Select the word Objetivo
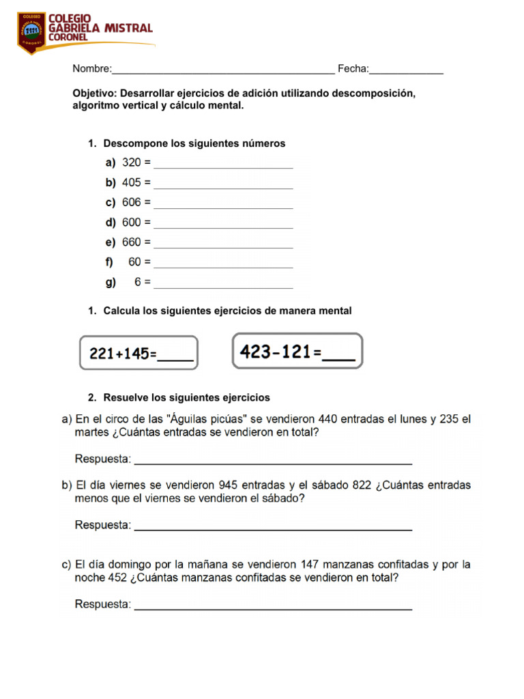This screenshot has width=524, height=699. click(95, 94)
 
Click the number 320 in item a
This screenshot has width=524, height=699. click(132, 163)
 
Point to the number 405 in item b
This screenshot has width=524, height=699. click(132, 183)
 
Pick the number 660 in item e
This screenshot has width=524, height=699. click(132, 242)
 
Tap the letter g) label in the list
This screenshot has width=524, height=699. click(111, 282)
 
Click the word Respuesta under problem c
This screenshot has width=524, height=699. click(102, 604)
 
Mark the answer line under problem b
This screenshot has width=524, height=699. click(273, 528)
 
